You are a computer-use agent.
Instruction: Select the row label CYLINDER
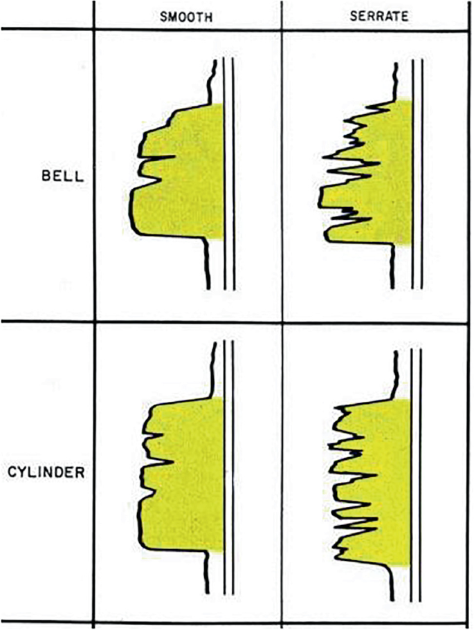46,473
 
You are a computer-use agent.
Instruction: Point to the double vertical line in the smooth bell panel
229,173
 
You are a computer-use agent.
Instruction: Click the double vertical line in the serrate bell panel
417,173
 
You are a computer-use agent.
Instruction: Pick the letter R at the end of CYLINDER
80,473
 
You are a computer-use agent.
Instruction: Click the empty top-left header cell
46,15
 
